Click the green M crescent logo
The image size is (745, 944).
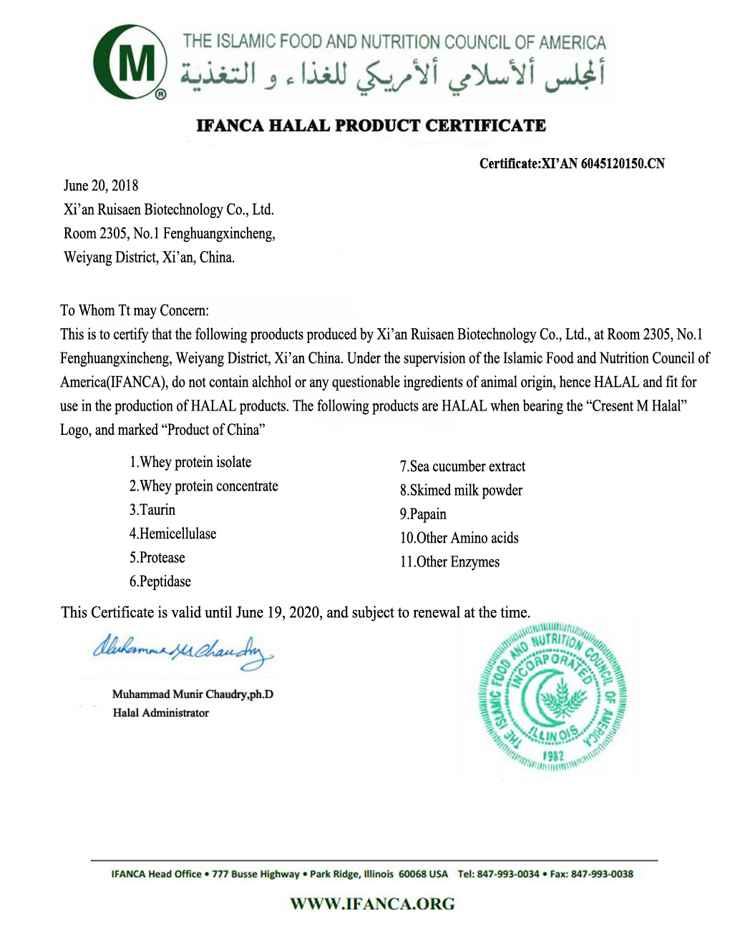click(x=130, y=62)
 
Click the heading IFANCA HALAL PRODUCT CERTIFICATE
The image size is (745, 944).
click(x=371, y=126)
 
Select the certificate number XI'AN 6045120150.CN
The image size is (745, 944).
click(x=603, y=164)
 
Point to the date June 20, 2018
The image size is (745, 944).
click(x=101, y=186)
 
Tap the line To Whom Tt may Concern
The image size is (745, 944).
click(x=135, y=310)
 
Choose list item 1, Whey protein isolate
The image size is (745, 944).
click(x=190, y=463)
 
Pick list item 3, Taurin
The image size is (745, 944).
click(x=152, y=510)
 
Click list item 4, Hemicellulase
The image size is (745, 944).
click(x=172, y=534)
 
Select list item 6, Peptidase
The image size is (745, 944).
click(x=160, y=581)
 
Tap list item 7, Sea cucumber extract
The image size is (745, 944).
click(x=462, y=467)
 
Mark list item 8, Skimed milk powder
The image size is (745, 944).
click(x=461, y=491)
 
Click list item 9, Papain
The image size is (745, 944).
click(x=423, y=514)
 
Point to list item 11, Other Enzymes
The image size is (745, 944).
click(x=449, y=562)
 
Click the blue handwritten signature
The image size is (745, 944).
click(x=182, y=651)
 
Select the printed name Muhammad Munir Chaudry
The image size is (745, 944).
click(x=193, y=694)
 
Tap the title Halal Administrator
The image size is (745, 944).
click(x=161, y=713)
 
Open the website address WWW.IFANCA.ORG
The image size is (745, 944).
click(x=372, y=904)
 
